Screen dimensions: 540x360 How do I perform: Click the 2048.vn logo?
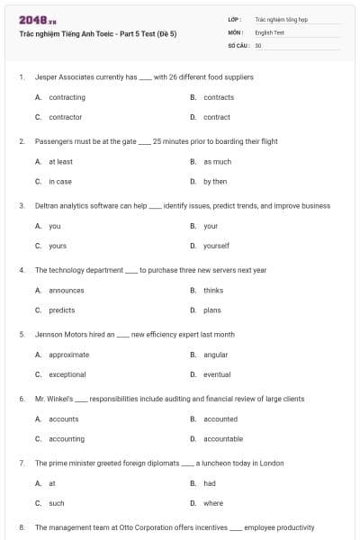pyautogui.click(x=33, y=19)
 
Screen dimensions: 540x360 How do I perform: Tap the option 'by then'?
pyautogui.click(x=215, y=181)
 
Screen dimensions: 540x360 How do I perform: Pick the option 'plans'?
pyautogui.click(x=212, y=310)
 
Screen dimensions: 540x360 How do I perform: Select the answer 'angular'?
pyautogui.click(x=215, y=355)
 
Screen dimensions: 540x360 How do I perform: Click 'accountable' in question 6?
pyautogui.click(x=222, y=438)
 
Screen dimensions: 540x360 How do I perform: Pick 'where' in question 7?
pyautogui.click(x=213, y=503)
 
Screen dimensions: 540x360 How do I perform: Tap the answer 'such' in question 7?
pyautogui.click(x=57, y=503)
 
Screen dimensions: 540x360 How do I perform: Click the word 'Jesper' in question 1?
pyautogui.click(x=46, y=77)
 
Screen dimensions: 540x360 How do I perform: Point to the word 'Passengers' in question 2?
pyautogui.click(x=53, y=141)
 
